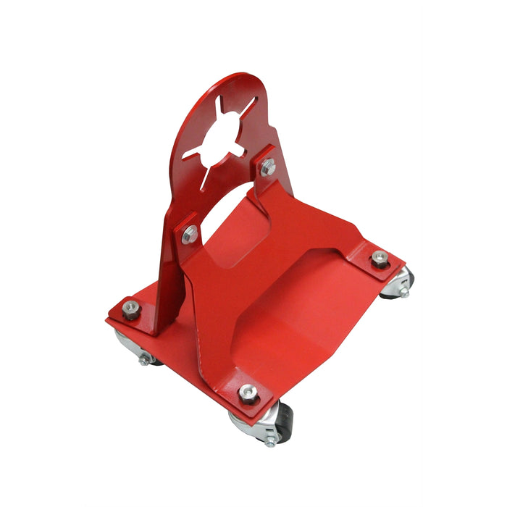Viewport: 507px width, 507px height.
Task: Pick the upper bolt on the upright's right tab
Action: [268, 167]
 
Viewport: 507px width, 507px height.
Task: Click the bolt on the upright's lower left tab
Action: [190, 233]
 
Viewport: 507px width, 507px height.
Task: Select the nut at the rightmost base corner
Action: [378, 260]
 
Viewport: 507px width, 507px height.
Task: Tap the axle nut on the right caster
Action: [403, 293]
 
